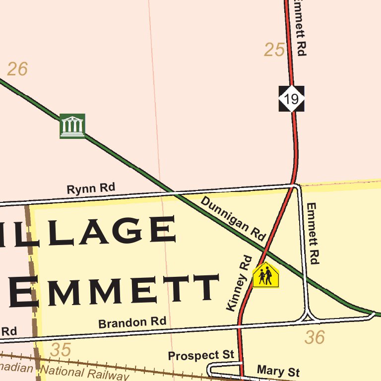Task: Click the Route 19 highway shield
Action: point(291,99)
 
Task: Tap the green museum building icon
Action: point(72,126)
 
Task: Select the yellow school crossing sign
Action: point(266,275)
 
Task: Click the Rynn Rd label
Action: point(91,189)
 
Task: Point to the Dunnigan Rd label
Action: point(233,219)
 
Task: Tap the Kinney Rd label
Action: point(239,283)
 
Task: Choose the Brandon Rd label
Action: point(132,322)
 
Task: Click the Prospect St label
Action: point(200,355)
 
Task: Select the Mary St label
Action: point(278,371)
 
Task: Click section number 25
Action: point(274,50)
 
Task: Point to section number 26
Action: point(17,69)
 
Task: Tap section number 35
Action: point(61,350)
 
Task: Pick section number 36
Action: point(315,338)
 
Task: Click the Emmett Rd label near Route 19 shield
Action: point(300,27)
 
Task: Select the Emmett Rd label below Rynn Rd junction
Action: point(312,233)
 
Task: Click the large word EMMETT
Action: point(114,290)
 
